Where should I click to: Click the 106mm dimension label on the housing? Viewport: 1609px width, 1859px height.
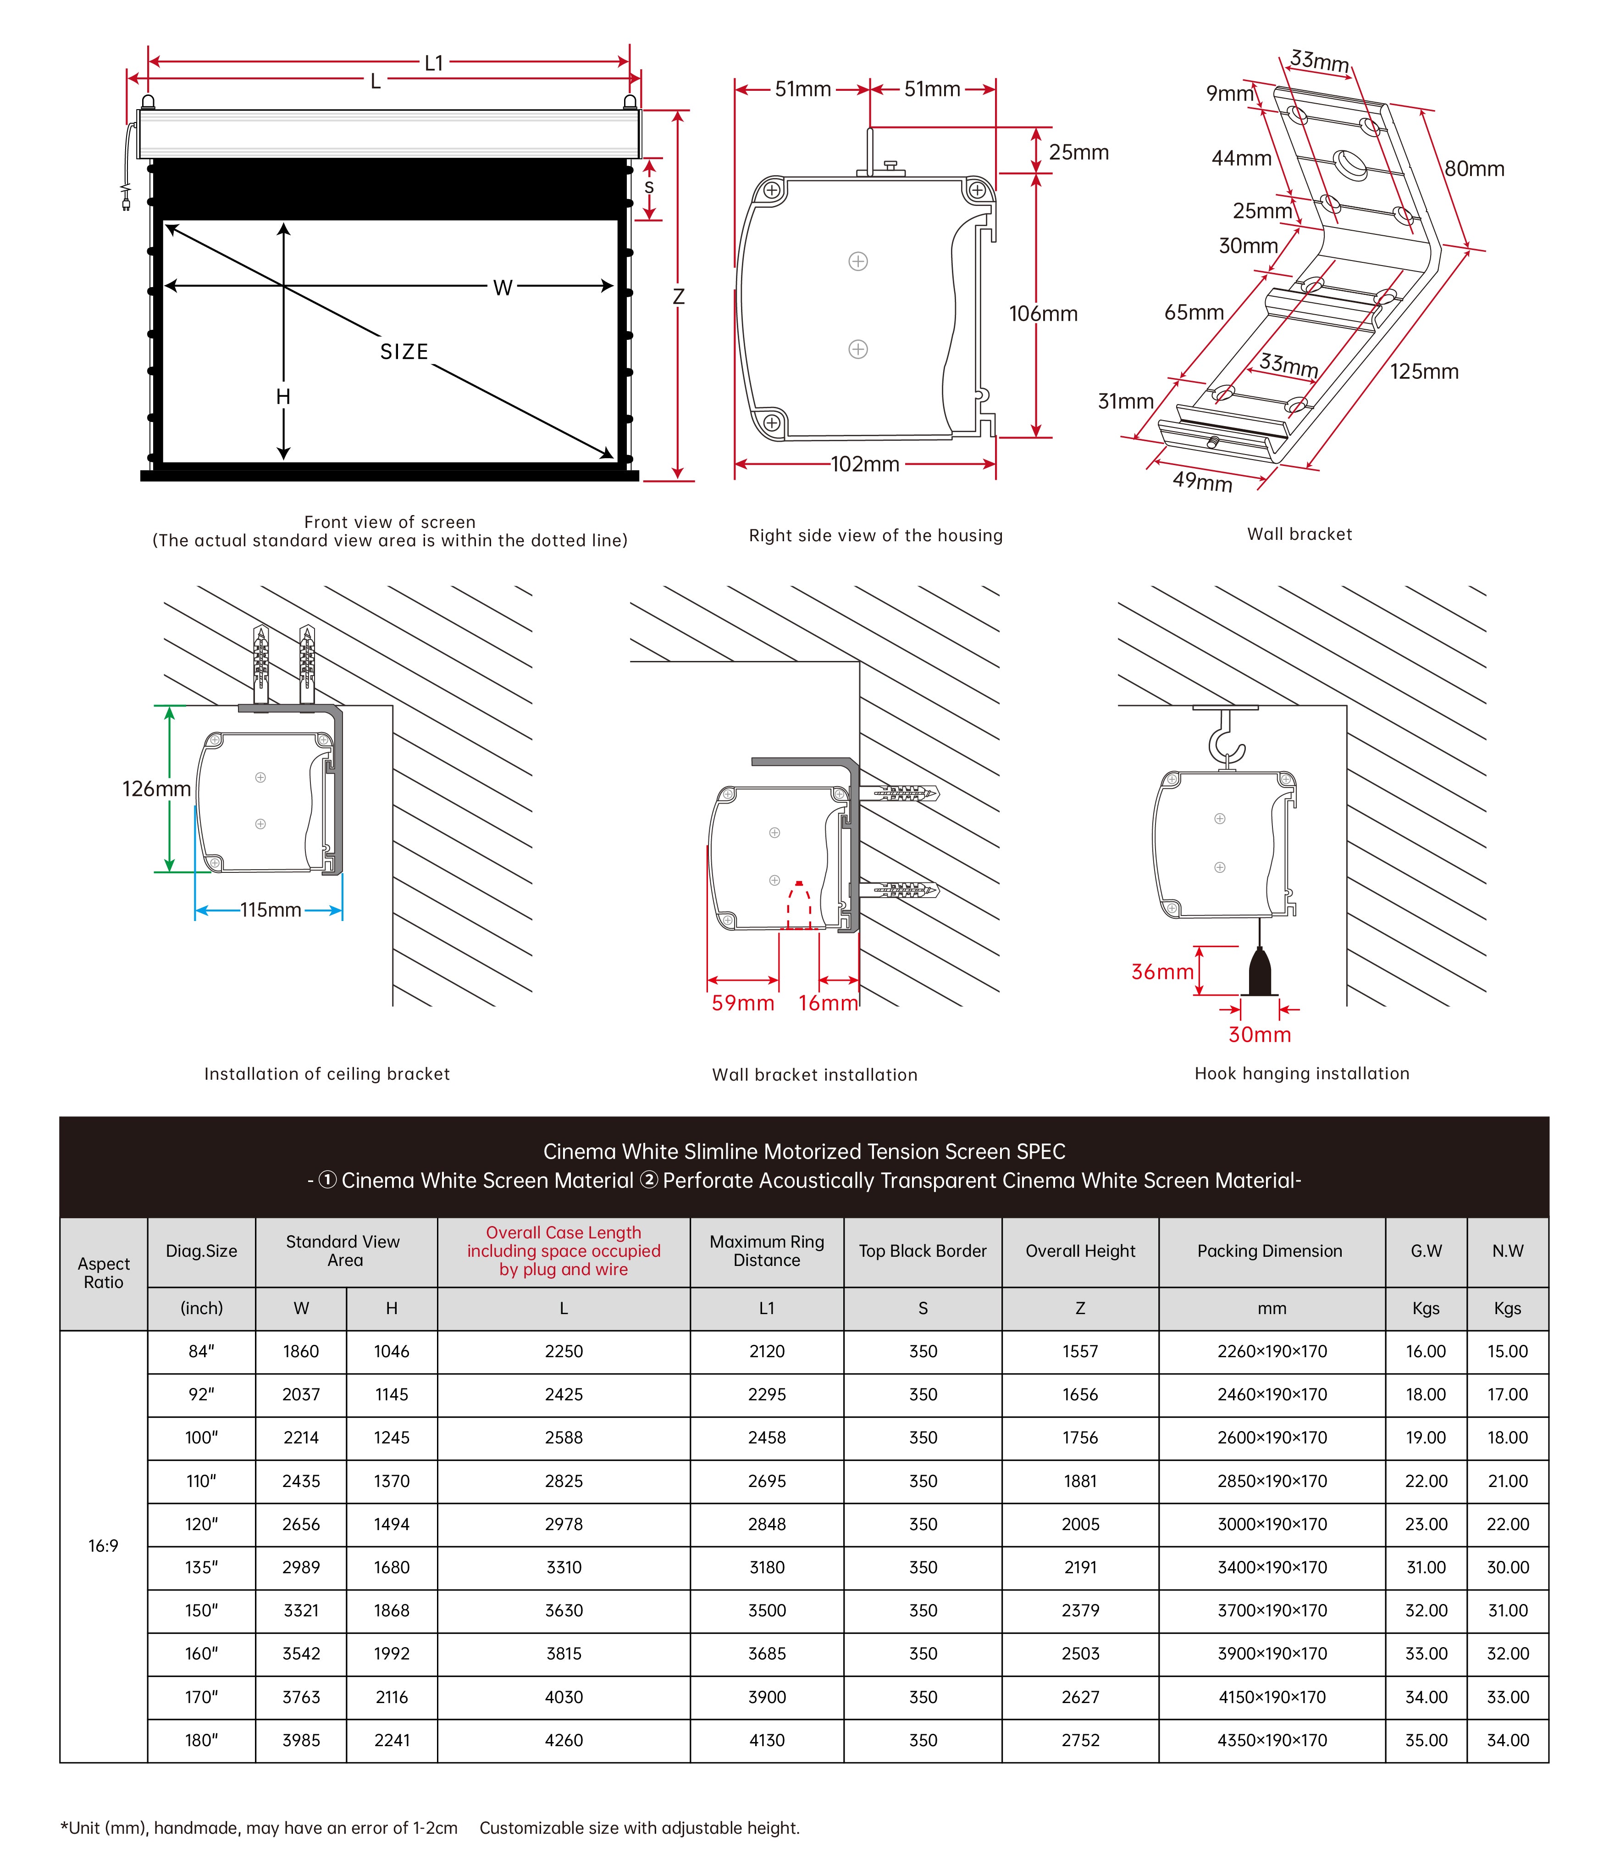(x=1042, y=313)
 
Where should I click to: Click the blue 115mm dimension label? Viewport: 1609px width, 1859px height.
(x=270, y=910)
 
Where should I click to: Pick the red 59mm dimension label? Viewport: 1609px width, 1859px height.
(x=742, y=1003)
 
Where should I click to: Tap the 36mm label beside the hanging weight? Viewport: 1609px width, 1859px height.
(x=1162, y=972)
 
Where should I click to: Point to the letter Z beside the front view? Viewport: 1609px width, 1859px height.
(x=679, y=296)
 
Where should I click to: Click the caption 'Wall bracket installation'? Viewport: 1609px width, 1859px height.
(x=814, y=1075)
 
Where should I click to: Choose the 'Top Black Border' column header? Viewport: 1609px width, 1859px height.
(x=922, y=1251)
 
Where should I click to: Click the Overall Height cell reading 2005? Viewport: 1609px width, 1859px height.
(x=1080, y=1524)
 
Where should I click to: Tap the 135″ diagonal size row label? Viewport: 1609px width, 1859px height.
(x=201, y=1567)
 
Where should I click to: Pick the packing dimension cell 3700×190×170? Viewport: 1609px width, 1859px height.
(x=1272, y=1610)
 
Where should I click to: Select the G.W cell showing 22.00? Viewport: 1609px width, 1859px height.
(x=1426, y=1481)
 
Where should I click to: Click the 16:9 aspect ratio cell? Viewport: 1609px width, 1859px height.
(x=103, y=1546)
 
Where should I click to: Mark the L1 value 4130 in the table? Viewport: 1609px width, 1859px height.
(x=767, y=1740)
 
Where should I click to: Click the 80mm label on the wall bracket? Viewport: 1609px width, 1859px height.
(x=1473, y=169)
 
